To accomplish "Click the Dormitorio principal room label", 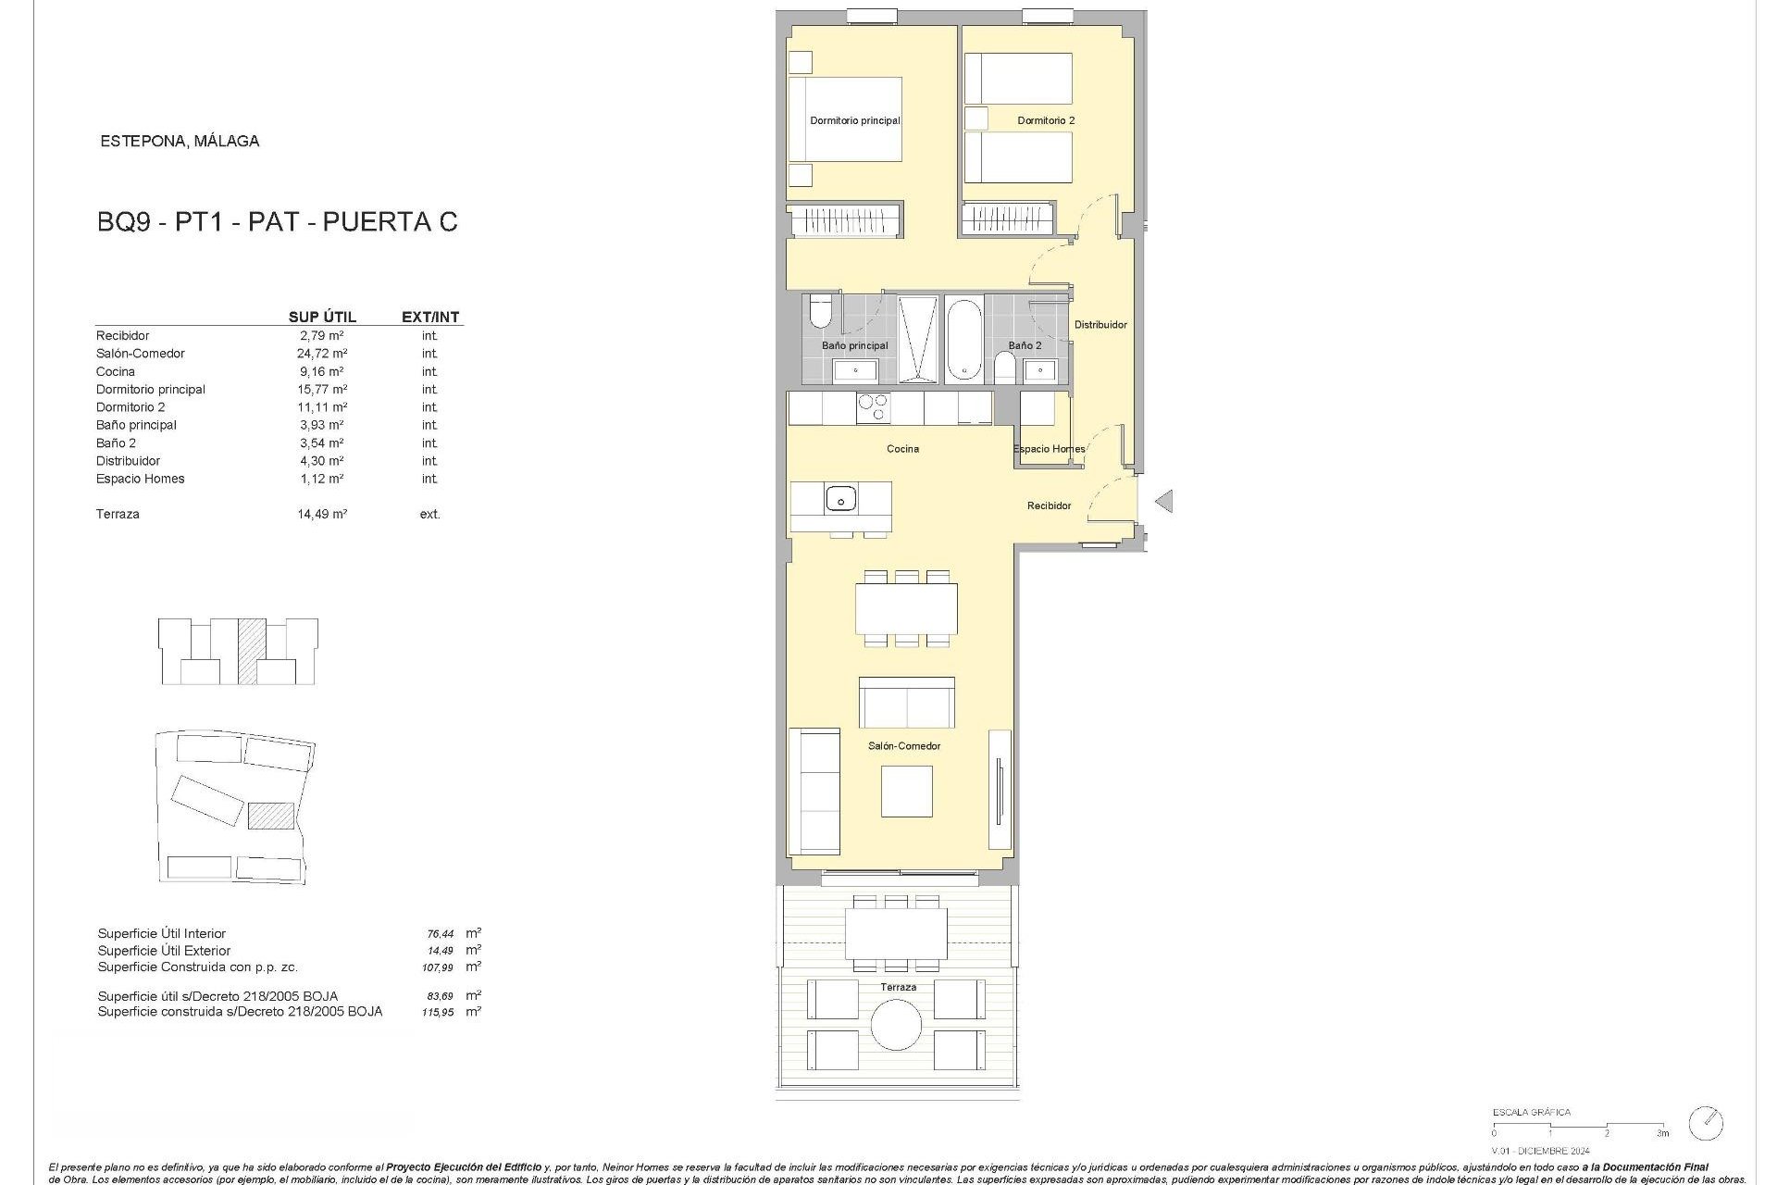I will click(854, 120).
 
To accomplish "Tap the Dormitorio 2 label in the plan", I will click(1046, 120).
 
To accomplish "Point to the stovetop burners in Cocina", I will click(874, 408).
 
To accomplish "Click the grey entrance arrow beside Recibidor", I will click(1164, 501).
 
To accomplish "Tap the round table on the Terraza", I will click(896, 1025).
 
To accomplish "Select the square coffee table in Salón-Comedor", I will click(906, 792).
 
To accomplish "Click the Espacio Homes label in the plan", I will click(1049, 449).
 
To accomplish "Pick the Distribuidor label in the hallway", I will click(1100, 325).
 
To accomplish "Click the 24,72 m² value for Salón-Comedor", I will click(322, 354).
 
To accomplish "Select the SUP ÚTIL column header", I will click(322, 317).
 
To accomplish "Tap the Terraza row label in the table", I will click(118, 514).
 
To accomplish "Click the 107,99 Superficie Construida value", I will click(438, 967).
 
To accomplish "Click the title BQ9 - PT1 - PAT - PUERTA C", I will click(277, 222).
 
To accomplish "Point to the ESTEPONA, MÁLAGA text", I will click(180, 142).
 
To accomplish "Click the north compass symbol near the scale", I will click(1706, 1123).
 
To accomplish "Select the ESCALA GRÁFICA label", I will click(1532, 1112).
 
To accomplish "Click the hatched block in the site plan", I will click(271, 816).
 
